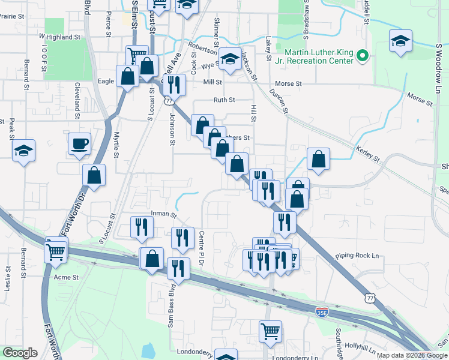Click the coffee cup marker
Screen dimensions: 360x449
point(79,145)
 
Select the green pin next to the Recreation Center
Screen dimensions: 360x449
point(362,57)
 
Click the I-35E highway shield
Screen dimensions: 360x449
point(323,311)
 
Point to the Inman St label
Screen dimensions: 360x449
point(164,214)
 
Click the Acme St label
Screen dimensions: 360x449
point(67,277)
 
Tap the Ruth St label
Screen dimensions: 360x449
point(224,100)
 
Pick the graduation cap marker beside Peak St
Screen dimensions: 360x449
point(23,151)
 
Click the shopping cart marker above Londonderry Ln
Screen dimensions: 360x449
point(271,331)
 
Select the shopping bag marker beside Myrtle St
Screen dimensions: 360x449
point(94,175)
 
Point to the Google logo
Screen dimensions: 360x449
point(20,353)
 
